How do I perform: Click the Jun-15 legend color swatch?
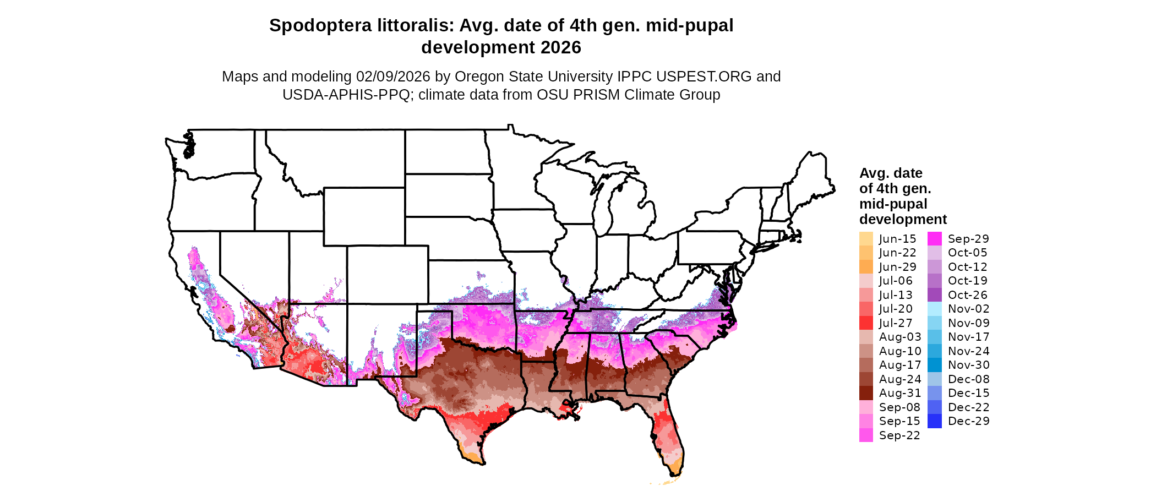coord(866,239)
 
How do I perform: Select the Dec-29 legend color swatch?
coord(935,421)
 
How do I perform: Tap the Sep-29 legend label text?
coord(968,239)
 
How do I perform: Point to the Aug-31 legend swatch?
coord(866,393)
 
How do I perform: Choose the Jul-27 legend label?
coord(896,323)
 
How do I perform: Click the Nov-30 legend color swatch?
coord(935,365)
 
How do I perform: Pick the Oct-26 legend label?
coord(968,295)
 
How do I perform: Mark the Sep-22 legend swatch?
coord(866,435)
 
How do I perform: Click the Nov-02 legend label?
coord(968,309)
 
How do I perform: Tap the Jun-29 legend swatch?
coord(866,267)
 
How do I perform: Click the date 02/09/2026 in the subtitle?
coord(393,77)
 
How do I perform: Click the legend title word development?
coord(903,219)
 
